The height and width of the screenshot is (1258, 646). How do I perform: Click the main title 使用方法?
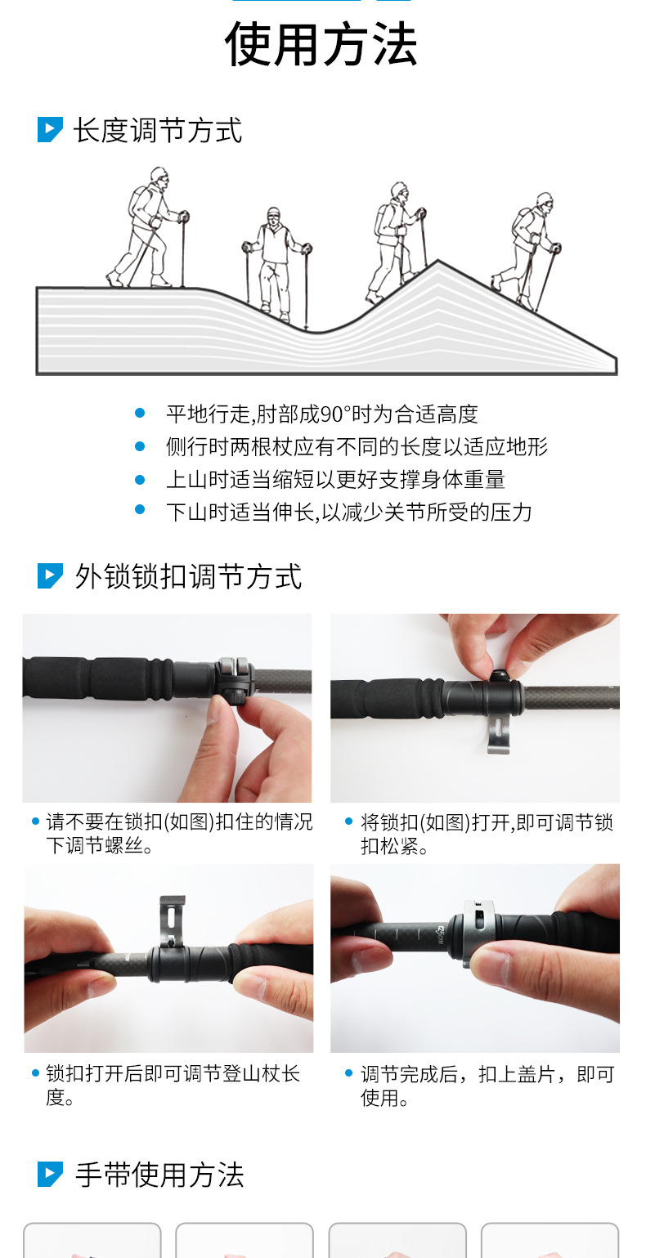click(x=321, y=44)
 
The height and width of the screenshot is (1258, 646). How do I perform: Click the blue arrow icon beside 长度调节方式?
click(x=50, y=130)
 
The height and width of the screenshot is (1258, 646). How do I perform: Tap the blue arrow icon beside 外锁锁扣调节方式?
click(x=50, y=575)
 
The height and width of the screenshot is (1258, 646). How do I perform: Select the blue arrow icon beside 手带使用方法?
click(x=50, y=1174)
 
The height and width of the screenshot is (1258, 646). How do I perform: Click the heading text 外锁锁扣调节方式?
click(x=188, y=576)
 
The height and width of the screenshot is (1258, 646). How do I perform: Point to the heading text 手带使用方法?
click(x=159, y=1175)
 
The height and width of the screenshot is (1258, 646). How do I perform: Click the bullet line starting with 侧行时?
click(x=357, y=447)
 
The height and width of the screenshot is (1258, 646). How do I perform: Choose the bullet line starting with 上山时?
click(x=335, y=480)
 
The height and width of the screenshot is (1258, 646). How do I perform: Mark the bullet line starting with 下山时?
click(x=348, y=513)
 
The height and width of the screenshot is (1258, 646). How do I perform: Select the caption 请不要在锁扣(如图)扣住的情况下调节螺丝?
click(x=178, y=833)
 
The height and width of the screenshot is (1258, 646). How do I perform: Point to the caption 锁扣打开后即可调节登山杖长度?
click(x=173, y=1086)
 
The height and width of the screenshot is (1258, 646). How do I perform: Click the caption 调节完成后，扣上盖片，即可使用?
click(x=487, y=1086)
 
